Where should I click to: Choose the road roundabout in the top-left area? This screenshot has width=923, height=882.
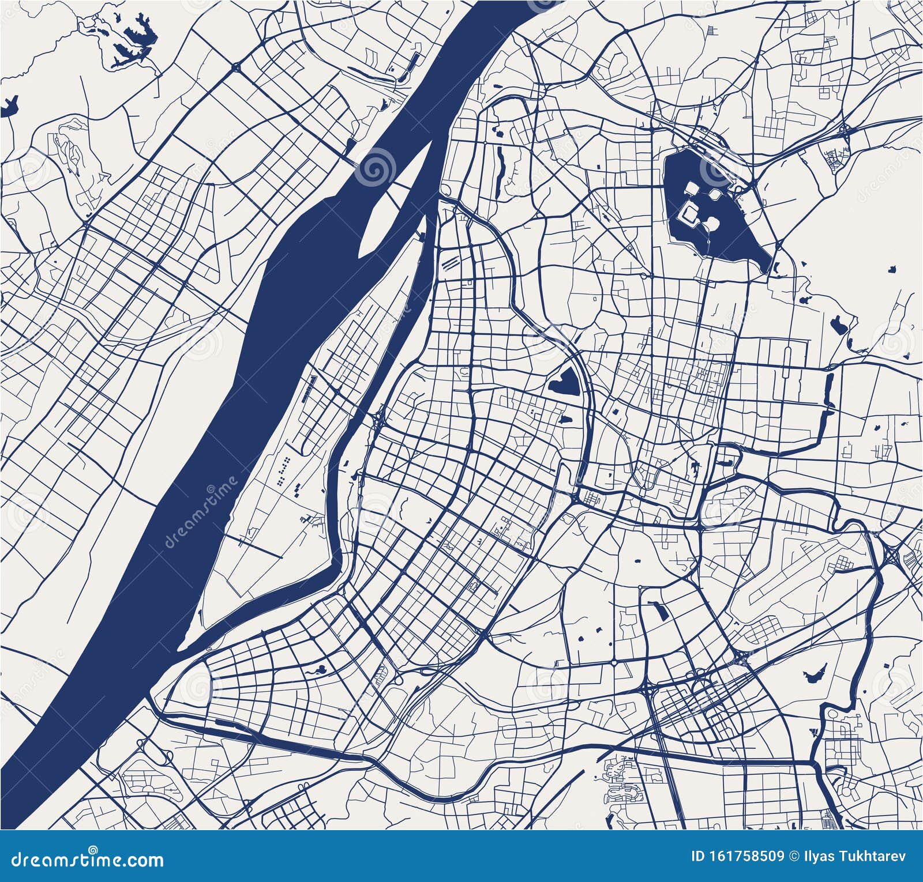(236, 68)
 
